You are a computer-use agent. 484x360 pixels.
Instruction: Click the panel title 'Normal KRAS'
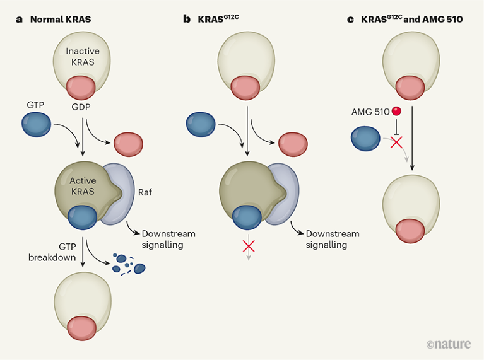tap(61, 20)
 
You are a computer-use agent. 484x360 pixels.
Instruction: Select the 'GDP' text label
tap(82, 107)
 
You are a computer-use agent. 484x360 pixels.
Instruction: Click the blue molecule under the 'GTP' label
tap(38, 124)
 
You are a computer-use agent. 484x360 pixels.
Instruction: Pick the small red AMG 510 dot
tap(396, 112)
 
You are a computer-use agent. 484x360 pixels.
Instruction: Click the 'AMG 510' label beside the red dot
tap(370, 112)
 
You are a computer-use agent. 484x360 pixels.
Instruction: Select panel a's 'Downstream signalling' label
tap(168, 239)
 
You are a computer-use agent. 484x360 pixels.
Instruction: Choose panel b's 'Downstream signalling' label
tap(333, 239)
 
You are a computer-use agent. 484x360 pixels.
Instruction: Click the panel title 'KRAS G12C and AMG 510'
tap(412, 20)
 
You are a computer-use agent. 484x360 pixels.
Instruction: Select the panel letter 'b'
tap(187, 20)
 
